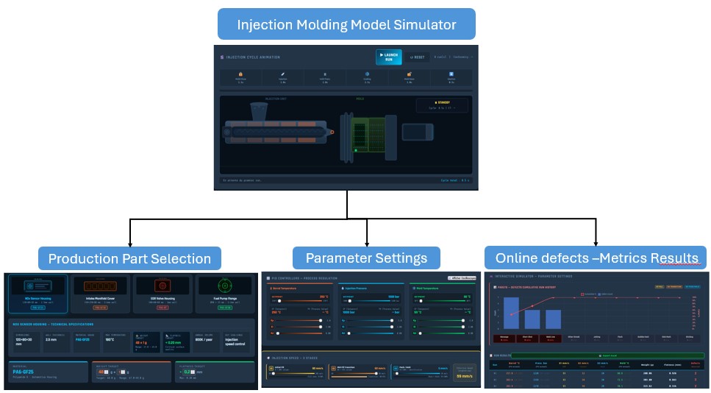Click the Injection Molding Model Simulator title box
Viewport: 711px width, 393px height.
[x=346, y=24]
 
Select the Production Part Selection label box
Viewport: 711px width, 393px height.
[x=129, y=258]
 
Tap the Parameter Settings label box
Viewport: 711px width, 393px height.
[x=366, y=258]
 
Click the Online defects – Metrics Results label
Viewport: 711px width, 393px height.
[x=596, y=258]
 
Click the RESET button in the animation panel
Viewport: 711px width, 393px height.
[x=417, y=57]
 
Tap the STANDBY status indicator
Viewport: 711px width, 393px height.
[x=442, y=103]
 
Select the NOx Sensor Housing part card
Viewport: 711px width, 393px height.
[x=37, y=294]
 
